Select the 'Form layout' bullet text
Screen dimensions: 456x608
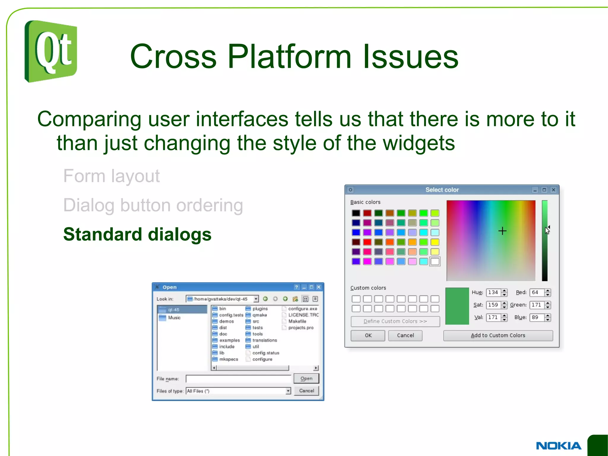coord(111,176)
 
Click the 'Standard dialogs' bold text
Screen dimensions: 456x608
coord(137,234)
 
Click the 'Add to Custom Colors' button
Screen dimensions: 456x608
coord(498,335)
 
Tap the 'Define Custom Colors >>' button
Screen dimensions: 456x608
coord(395,321)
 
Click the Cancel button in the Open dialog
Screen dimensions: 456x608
coord(306,391)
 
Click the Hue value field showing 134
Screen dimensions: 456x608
coord(493,292)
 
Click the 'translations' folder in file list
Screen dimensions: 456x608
coord(264,340)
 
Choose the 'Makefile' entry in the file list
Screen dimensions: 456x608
coord(297,321)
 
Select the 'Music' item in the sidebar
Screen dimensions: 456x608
coord(174,318)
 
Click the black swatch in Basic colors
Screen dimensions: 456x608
coord(356,213)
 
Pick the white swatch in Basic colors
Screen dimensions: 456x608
coord(435,261)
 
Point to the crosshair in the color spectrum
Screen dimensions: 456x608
coord(502,231)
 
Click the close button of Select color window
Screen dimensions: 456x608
coord(553,190)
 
